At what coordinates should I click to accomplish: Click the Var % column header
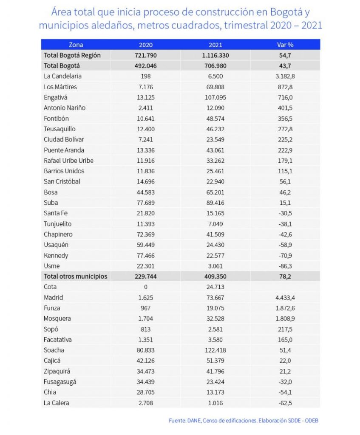click(x=285, y=45)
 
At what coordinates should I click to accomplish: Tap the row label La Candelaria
click(x=62, y=76)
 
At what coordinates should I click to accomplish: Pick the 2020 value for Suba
click(x=146, y=203)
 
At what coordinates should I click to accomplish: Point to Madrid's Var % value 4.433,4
click(x=285, y=297)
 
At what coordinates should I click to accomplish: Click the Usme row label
click(x=52, y=266)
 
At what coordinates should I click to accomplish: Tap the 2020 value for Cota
click(x=146, y=287)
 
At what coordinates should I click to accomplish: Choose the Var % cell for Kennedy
click(x=285, y=255)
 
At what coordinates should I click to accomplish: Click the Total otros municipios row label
click(x=75, y=276)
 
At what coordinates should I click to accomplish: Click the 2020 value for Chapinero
click(x=146, y=234)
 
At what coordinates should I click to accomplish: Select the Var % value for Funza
click(x=285, y=308)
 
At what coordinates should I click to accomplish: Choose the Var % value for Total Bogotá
click(x=285, y=66)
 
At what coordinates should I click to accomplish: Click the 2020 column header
click(x=146, y=45)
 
